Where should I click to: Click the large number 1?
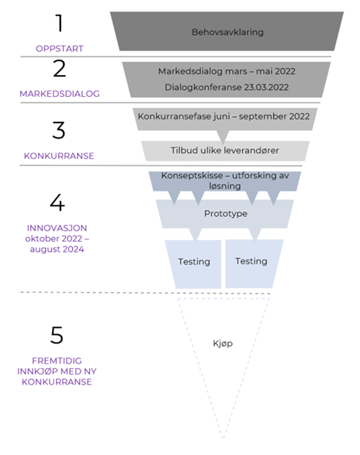coord(59,22)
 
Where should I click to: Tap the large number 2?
coord(59,69)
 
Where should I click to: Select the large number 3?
coord(59,130)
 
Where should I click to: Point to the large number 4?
coord(57,202)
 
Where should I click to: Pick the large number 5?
coord(57,335)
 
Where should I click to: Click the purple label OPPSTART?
coord(60,49)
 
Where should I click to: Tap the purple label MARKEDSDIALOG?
coord(60,94)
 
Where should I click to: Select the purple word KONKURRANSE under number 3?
coord(59,156)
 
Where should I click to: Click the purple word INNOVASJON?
coord(57,228)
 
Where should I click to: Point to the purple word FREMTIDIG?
coord(57,360)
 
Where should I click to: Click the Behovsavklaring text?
coord(227,32)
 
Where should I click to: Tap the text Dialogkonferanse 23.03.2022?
coord(227,87)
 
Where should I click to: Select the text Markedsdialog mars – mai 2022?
coord(227,71)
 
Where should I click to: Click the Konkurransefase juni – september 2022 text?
coord(223,116)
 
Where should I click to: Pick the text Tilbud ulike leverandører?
coord(224,150)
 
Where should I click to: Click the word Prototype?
coord(226,214)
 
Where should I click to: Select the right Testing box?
coord(253,264)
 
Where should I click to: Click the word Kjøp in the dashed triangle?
coord(223,343)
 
